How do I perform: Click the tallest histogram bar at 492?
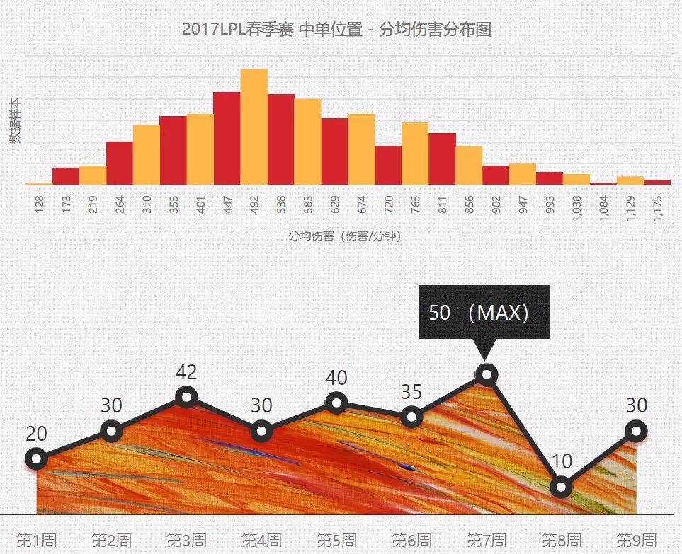[x=254, y=127]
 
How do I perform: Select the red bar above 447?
[x=227, y=138]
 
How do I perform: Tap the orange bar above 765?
[x=415, y=154]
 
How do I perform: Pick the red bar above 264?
[x=120, y=163]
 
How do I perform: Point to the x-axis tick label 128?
[x=39, y=204]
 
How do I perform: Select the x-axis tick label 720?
[x=388, y=204]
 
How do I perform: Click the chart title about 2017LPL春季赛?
[x=336, y=30]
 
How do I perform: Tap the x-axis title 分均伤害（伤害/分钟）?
[x=344, y=236]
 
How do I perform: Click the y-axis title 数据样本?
[x=15, y=121]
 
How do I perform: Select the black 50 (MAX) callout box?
[x=484, y=312]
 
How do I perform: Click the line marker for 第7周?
[x=487, y=374]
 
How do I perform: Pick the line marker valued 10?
[x=561, y=487]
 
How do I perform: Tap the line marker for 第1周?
[x=36, y=459]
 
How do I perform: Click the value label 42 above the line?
[x=186, y=372]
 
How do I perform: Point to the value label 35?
[x=411, y=392]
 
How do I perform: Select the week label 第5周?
[x=336, y=541]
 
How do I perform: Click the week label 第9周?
[x=636, y=540]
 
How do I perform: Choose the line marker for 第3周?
[x=186, y=397]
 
